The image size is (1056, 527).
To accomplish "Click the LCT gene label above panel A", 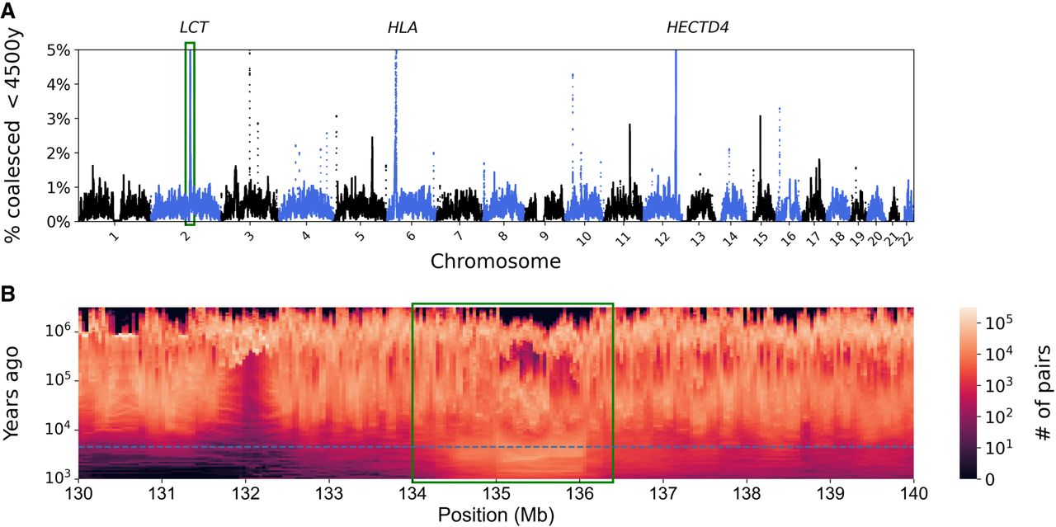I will coord(194,28).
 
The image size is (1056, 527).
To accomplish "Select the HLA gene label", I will coord(403,28).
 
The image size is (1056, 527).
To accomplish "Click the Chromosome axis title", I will coord(496,262).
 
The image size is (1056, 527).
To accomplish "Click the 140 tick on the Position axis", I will coord(912,492).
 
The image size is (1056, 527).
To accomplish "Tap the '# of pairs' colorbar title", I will coord(1041,393).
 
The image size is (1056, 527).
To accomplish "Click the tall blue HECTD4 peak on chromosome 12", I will coord(676,124).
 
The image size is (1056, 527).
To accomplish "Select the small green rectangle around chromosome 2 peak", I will coord(190,133).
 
